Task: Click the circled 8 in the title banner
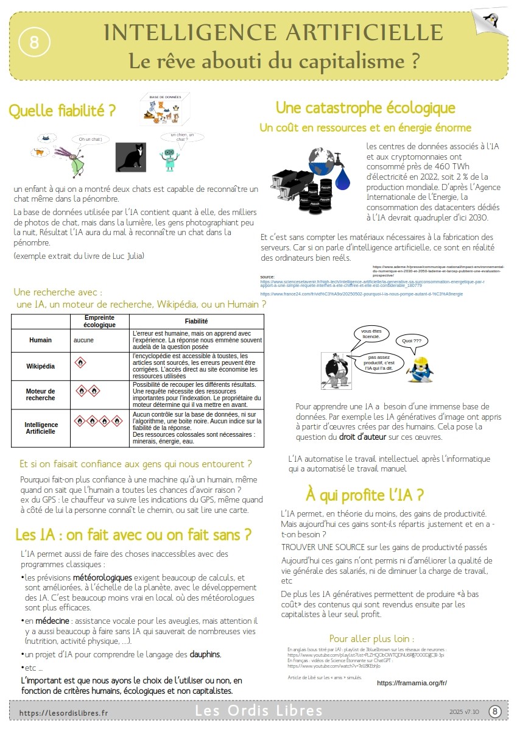point(33,42)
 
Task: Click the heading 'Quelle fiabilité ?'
point(62,111)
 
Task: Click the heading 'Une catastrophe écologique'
point(365,108)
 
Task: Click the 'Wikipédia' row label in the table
point(40,366)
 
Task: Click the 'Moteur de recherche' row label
point(40,394)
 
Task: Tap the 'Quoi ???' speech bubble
point(412,341)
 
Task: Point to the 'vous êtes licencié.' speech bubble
point(371,333)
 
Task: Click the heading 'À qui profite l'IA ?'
point(365,493)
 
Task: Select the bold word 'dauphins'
point(205,654)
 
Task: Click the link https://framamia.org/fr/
point(412,683)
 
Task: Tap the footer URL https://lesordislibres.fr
point(63,712)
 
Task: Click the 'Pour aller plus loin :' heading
point(371,639)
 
